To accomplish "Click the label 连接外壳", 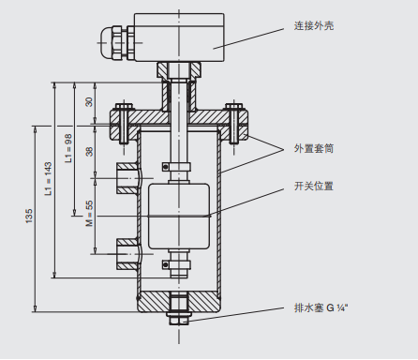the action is [314, 25].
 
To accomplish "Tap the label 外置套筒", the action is [314, 148].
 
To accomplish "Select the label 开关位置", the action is [314, 187].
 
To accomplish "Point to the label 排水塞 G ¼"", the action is [321, 307].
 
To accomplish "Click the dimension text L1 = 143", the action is [49, 178].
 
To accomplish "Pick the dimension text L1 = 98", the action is [68, 148].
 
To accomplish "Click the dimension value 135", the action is [29, 216].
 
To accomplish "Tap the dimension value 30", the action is [89, 102].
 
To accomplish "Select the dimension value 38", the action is [89, 151].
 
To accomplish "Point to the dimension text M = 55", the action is [89, 214].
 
